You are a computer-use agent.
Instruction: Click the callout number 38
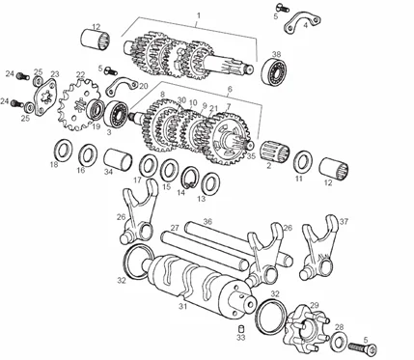point(276,54)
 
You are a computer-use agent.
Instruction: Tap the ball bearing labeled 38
point(274,71)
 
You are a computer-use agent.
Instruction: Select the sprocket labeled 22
point(79,104)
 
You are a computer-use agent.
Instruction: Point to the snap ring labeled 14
point(192,177)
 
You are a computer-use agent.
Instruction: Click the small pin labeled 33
point(240,329)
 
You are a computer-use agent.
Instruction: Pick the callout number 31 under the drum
point(182,307)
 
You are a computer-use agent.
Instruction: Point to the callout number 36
point(207,221)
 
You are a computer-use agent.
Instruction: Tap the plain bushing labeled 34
point(118,159)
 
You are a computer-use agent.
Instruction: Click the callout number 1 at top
point(199,15)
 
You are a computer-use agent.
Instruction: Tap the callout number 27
point(175,228)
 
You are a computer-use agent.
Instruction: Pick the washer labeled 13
point(210,183)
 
